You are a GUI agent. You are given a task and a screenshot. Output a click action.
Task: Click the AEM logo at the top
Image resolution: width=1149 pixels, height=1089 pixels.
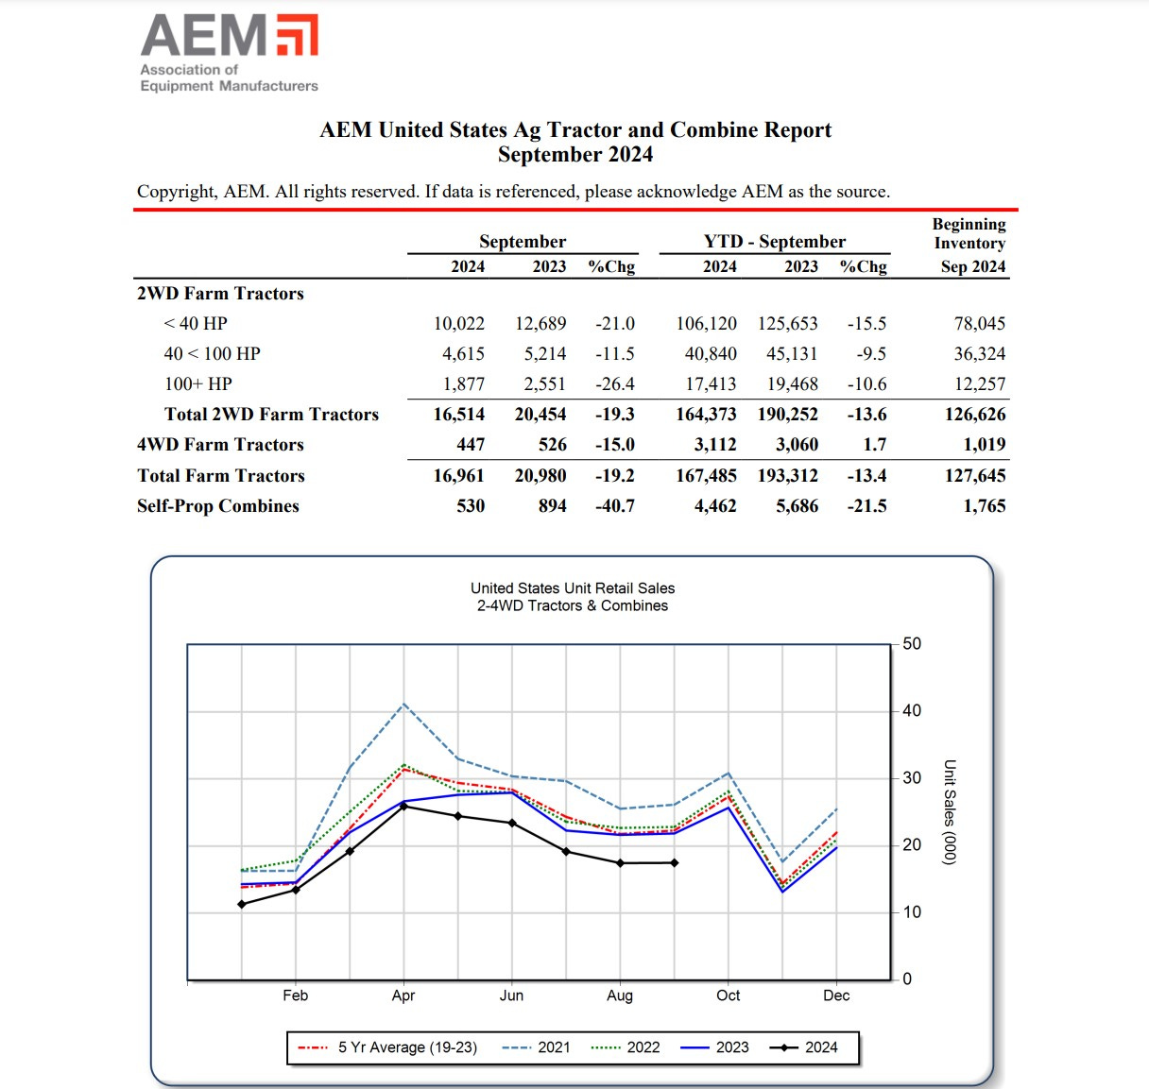coord(230,53)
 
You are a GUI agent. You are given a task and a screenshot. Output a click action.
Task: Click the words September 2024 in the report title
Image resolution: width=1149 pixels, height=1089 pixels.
coord(574,155)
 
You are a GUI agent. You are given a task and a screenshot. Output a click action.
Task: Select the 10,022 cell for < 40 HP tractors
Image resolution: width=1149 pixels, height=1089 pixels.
coord(458,324)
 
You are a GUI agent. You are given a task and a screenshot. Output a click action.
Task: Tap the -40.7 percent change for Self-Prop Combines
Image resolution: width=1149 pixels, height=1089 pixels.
coord(614,506)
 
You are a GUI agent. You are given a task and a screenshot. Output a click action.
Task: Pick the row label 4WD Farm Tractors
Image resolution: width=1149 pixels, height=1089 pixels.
coord(220,445)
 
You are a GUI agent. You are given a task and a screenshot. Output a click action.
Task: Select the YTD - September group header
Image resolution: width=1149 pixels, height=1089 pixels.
coord(774,242)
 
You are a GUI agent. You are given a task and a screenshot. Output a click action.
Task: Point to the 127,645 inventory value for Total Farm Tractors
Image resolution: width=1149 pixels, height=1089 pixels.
coord(974,476)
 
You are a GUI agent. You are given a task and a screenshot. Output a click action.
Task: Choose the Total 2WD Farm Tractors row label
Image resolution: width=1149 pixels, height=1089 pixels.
coord(271,415)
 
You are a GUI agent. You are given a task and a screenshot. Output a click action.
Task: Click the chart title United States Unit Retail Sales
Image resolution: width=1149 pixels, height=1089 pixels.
coord(573,588)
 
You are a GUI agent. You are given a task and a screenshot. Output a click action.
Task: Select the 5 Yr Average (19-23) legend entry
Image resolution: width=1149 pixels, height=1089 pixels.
coord(387,1047)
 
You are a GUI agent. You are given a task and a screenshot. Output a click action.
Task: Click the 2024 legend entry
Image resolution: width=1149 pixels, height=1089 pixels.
coord(804,1047)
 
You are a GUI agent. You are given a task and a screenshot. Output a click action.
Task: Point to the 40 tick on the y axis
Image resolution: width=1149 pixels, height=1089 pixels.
coord(911,711)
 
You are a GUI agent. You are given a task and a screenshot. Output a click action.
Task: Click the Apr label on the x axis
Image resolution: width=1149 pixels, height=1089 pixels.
coord(403,995)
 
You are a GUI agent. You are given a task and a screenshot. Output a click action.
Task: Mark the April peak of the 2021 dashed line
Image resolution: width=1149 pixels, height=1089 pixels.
coord(404,704)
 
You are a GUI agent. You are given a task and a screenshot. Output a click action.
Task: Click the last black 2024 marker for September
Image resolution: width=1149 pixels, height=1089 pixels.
coord(675,862)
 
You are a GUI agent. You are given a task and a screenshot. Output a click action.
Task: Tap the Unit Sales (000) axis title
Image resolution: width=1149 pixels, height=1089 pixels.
coord(950,812)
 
